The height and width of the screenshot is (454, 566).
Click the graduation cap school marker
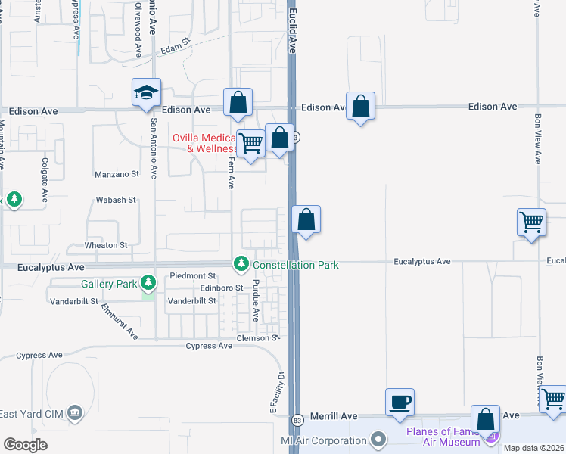pos(146,92)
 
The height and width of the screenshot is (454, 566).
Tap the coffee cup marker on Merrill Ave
pos(400,402)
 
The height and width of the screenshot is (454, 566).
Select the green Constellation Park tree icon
pos(241,264)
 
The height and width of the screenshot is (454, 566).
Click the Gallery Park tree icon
pos(148,284)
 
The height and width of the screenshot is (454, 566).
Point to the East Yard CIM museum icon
pos(74,412)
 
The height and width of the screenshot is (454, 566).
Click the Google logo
pos(26,445)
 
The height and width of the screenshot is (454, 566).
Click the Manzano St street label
pos(117,174)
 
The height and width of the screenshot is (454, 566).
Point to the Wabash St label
pos(115,201)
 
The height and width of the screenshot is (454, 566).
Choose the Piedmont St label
pos(193,276)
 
